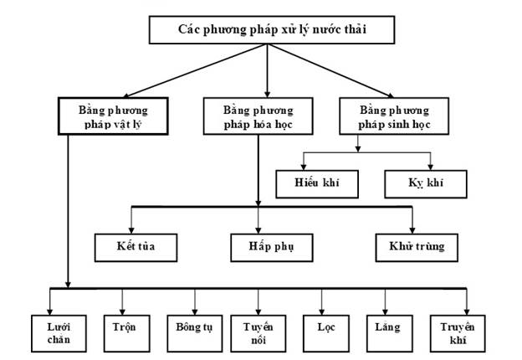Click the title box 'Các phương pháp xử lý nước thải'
272,29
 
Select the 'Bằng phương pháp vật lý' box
113,116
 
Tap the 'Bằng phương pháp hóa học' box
258,116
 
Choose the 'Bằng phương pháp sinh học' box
394,116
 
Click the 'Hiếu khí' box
317,184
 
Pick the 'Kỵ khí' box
426,184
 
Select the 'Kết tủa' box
136,248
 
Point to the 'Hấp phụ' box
272,248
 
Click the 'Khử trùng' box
417,248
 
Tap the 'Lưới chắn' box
59,334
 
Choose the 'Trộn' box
127,334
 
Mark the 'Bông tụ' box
195,334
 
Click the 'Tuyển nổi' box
258,334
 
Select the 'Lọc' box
326,334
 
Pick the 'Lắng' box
390,334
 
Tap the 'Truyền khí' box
458,334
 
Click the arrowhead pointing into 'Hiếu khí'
304,167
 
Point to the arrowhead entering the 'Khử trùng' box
412,230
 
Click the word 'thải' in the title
356,29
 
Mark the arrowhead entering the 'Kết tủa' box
131,230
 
